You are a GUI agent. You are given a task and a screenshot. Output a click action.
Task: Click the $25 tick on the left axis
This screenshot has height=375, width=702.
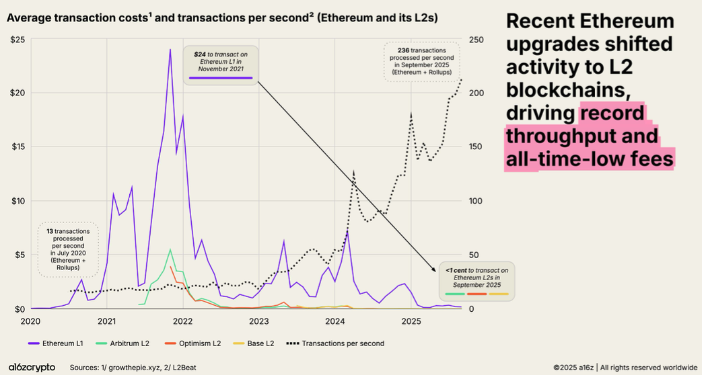[17, 39]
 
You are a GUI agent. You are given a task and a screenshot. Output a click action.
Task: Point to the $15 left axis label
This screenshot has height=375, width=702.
[17, 147]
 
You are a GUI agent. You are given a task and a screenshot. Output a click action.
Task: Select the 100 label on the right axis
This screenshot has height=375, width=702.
[476, 201]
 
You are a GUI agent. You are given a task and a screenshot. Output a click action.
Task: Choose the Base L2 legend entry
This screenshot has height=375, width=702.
[258, 343]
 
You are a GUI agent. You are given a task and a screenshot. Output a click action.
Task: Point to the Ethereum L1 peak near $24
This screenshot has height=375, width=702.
[170, 50]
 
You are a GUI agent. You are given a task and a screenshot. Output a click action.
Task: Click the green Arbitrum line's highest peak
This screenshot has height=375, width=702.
[170, 250]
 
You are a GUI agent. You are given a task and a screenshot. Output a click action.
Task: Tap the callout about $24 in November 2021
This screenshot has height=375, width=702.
[221, 65]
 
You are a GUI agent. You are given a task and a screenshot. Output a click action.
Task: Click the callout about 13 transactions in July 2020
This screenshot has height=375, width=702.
[68, 249]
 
